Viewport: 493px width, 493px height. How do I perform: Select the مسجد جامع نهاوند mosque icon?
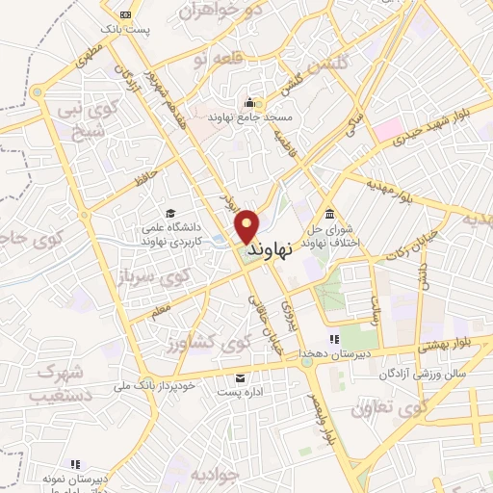(252, 103)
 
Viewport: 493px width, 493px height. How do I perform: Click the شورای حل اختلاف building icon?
(330, 213)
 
